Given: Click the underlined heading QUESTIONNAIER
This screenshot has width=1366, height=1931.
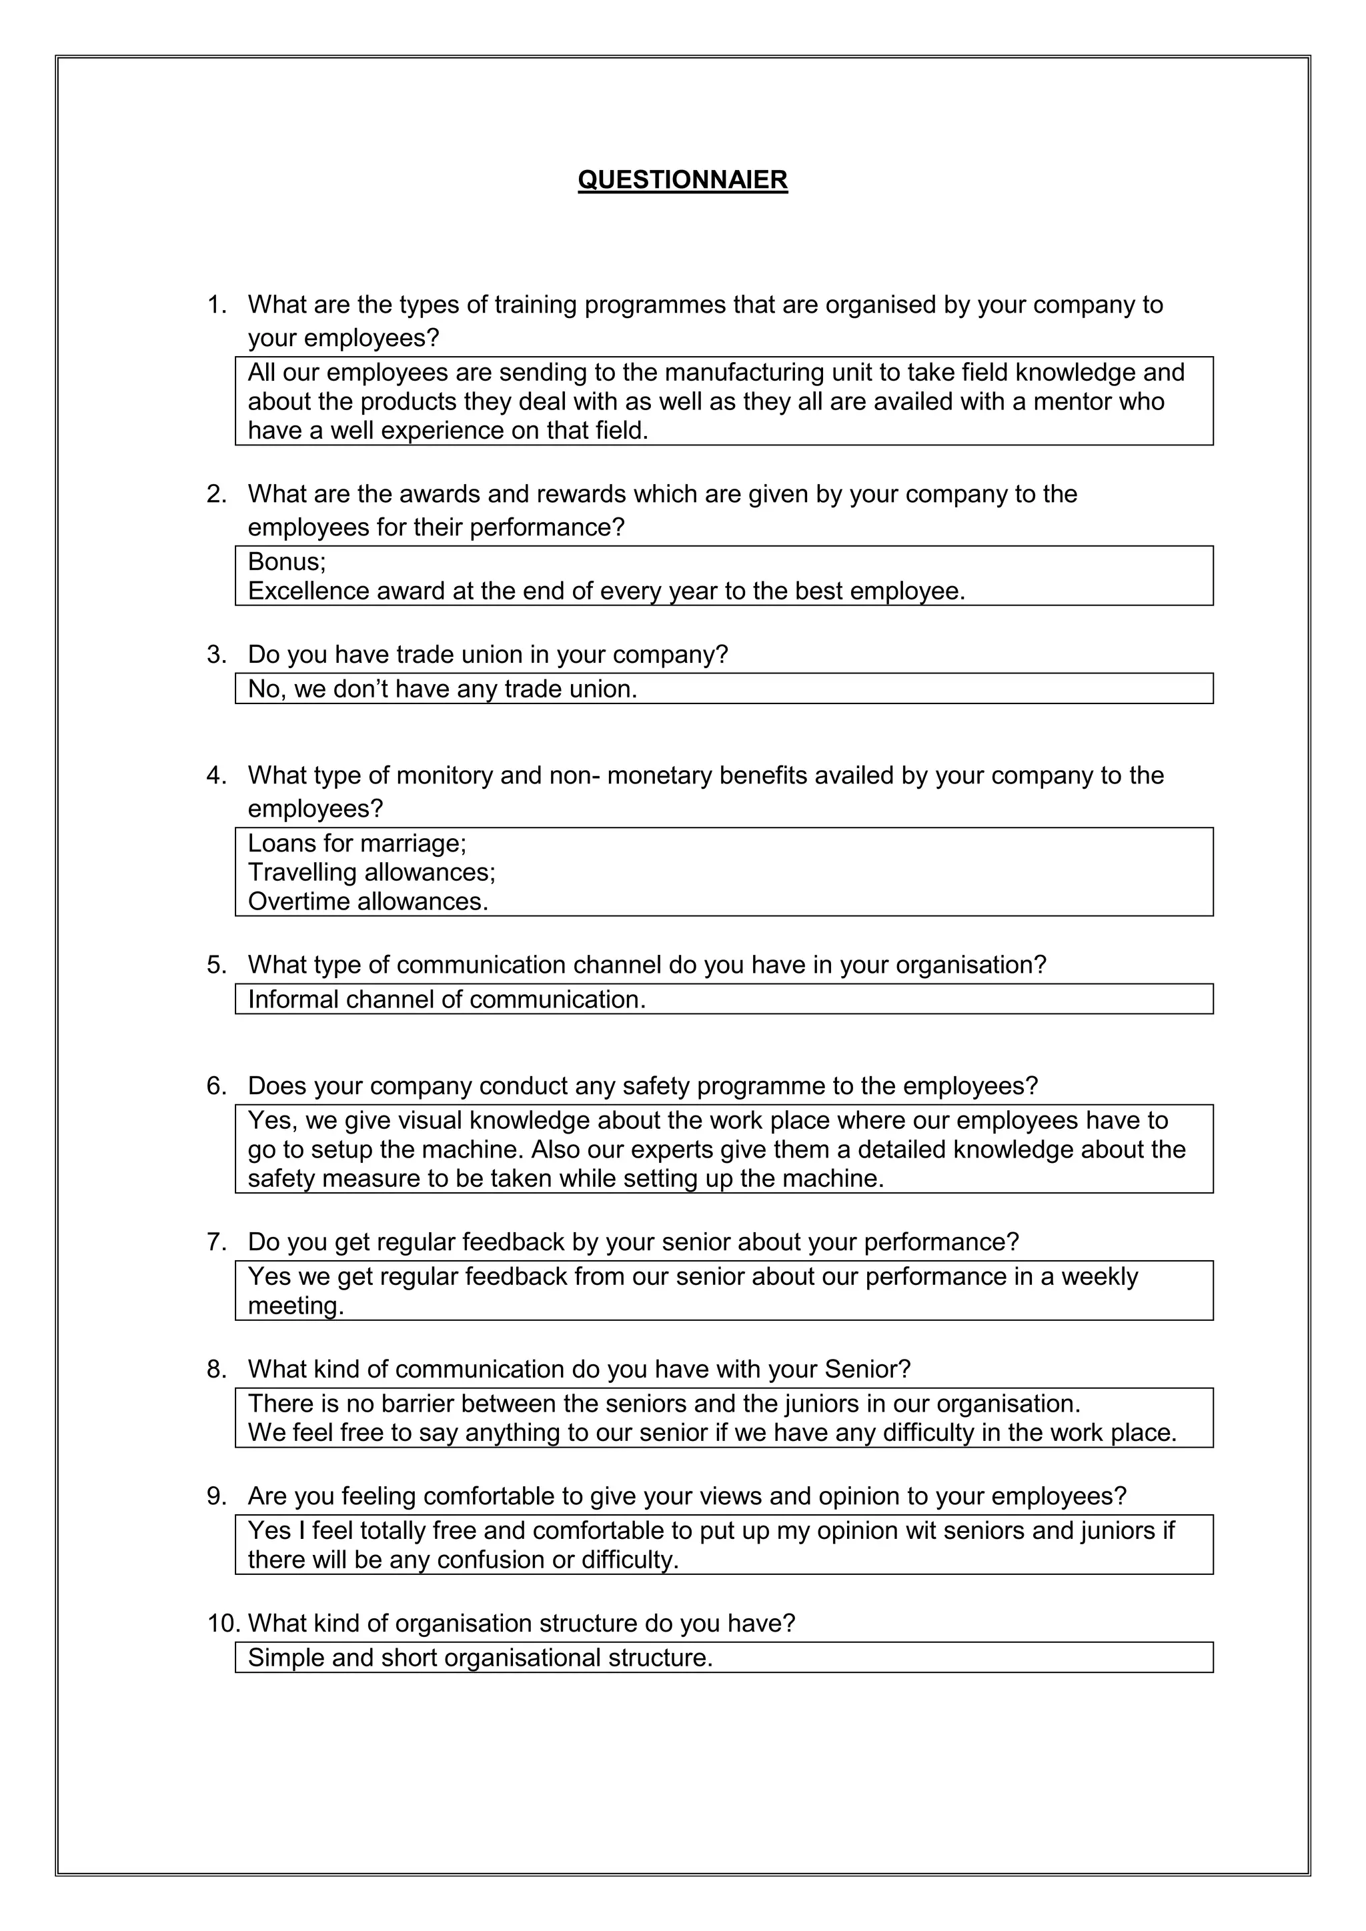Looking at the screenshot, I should click(682, 180).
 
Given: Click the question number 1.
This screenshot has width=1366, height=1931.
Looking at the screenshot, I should click(216, 305).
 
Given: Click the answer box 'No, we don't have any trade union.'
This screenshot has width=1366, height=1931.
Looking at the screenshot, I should click(724, 689).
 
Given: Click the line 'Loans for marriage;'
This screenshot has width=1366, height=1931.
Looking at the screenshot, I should click(357, 843).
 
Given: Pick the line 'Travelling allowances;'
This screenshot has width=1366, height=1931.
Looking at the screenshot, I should click(371, 872).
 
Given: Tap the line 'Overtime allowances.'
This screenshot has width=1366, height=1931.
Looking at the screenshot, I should click(368, 901).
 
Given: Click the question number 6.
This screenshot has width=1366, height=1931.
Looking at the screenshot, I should click(216, 1086).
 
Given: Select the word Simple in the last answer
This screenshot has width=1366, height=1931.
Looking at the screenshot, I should click(286, 1658).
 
